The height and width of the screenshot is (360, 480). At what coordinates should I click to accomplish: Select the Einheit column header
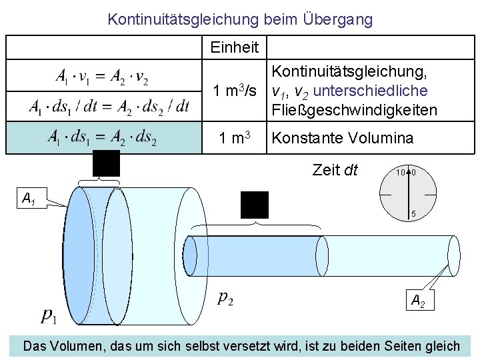pyautogui.click(x=234, y=47)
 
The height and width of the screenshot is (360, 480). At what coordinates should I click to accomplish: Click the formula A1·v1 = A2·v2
pyautogui.click(x=102, y=77)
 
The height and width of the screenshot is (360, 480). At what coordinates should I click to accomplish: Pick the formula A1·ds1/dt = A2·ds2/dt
pyautogui.click(x=109, y=106)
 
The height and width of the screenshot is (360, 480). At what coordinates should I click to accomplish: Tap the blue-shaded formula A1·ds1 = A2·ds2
pyautogui.click(x=102, y=138)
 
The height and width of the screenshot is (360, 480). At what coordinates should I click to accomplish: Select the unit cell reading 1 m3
pyautogui.click(x=235, y=138)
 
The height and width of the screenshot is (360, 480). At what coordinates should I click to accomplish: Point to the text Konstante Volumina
pyautogui.click(x=343, y=138)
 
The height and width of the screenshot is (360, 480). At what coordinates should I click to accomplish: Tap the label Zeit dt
pyautogui.click(x=335, y=171)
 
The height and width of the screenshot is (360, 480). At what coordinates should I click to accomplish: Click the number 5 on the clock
pyautogui.click(x=413, y=214)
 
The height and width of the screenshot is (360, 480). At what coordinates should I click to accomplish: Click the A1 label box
pyautogui.click(x=29, y=198)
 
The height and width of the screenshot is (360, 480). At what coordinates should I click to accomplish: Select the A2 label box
pyautogui.click(x=418, y=301)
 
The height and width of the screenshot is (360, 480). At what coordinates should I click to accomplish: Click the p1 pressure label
pyautogui.click(x=49, y=315)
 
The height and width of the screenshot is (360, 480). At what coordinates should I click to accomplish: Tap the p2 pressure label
pyautogui.click(x=225, y=298)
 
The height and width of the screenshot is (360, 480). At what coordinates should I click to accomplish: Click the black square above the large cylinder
pyautogui.click(x=106, y=163)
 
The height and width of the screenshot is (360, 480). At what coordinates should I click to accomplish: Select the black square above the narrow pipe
pyautogui.click(x=255, y=205)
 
